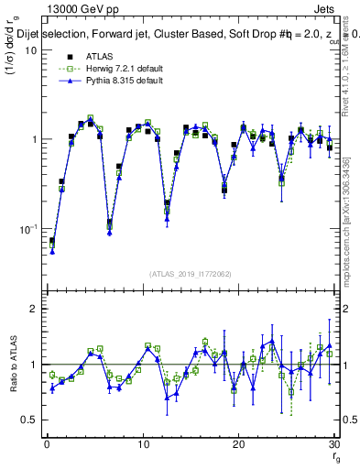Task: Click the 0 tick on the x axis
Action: coord(47,444)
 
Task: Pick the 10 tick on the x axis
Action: coord(143,444)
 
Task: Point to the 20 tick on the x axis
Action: coord(239,444)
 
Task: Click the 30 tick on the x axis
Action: coord(334,444)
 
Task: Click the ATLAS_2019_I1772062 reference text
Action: coord(191,273)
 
